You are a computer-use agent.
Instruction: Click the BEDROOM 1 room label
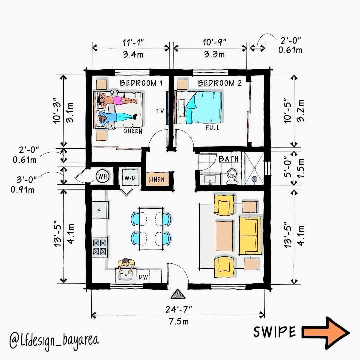[141, 83]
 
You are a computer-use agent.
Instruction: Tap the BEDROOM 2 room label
[220, 83]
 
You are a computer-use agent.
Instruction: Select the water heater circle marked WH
[103, 176]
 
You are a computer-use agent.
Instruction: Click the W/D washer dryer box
[130, 178]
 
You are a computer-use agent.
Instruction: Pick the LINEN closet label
[156, 179]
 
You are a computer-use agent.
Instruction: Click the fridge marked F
[100, 210]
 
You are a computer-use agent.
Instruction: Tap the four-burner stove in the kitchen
[100, 247]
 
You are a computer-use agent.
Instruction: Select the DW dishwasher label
[143, 277]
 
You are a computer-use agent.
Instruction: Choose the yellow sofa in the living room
[250, 236]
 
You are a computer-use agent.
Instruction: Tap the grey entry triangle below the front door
[178, 294]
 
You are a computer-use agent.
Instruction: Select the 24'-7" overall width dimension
[178, 309]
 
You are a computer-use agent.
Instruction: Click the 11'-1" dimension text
[133, 42]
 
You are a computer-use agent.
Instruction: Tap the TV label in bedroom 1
[160, 111]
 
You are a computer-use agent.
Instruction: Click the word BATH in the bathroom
[228, 159]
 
